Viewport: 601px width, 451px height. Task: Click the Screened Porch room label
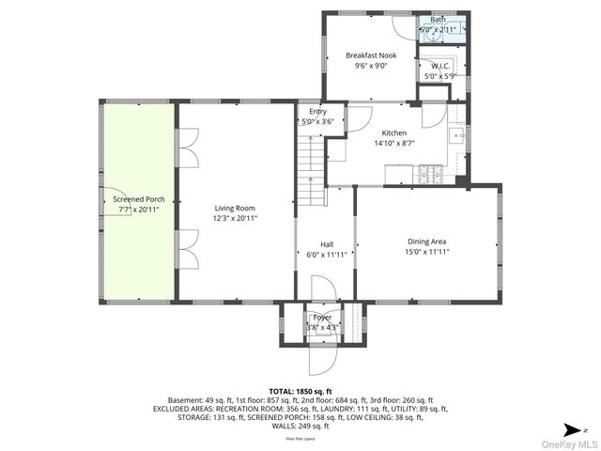(x=138, y=199)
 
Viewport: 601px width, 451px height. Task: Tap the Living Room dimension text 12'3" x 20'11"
(x=235, y=218)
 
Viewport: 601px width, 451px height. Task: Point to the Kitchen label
(x=394, y=133)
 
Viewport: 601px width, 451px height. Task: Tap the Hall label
(x=327, y=243)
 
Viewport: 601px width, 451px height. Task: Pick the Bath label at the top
(x=439, y=20)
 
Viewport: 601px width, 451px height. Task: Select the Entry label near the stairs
(x=318, y=112)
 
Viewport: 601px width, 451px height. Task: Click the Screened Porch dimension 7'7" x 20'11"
(x=138, y=210)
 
